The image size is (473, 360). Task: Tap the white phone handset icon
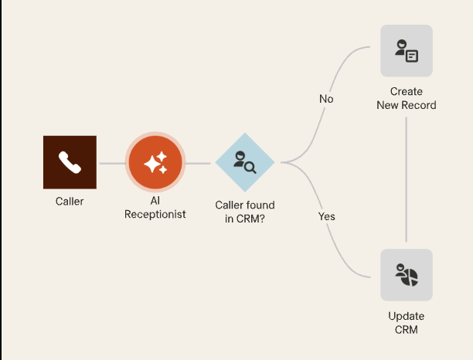70,162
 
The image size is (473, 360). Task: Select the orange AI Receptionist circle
155,162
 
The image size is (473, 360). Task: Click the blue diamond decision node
244,162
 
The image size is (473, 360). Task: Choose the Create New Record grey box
407,51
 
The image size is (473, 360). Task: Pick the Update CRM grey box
407,275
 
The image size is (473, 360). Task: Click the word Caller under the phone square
70,202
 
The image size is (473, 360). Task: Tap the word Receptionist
155,215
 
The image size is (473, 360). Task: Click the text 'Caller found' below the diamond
244,205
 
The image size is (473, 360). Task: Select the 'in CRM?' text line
244,219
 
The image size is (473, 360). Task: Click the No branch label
326,99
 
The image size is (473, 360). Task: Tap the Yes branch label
327,216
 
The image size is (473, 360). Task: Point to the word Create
407,92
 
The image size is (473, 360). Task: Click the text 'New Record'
407,105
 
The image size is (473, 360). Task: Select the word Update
407,317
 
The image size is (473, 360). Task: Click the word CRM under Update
407,330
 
